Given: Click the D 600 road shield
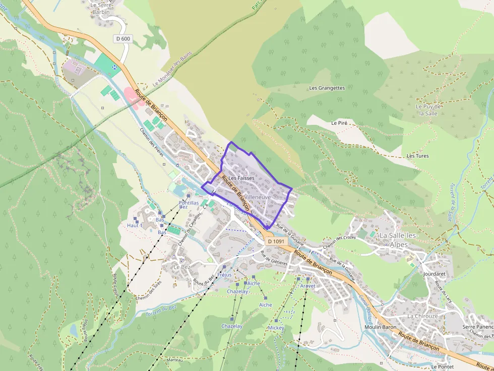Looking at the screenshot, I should (x=122, y=39).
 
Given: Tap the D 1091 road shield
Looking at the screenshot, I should (x=276, y=242).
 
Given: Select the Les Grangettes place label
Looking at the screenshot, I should (x=327, y=88).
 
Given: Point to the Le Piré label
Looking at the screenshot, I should (x=340, y=123).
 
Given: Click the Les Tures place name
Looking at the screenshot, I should (x=417, y=156).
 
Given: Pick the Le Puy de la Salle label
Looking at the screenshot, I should (x=429, y=110).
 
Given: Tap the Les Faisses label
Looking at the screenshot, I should (x=241, y=178).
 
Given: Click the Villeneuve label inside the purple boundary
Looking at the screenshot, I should (x=258, y=198).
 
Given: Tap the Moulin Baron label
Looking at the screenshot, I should (x=380, y=327).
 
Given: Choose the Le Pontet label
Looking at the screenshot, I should (x=442, y=367).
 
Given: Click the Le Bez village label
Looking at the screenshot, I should (x=181, y=267).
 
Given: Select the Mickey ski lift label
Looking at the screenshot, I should (x=276, y=328).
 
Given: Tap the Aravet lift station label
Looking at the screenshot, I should (x=307, y=286).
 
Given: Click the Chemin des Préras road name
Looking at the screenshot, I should (x=152, y=141).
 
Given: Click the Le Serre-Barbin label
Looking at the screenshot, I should (x=101, y=8).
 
